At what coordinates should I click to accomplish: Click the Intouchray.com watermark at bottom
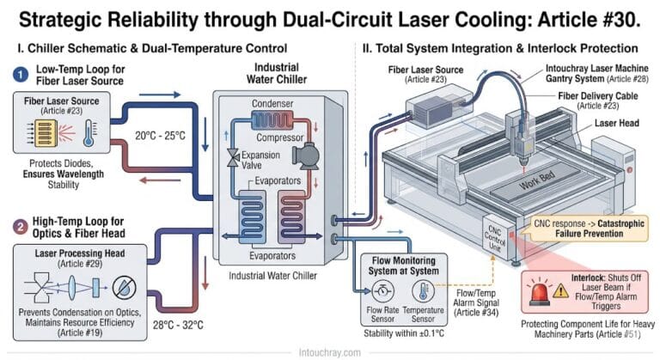coord(330,351)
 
